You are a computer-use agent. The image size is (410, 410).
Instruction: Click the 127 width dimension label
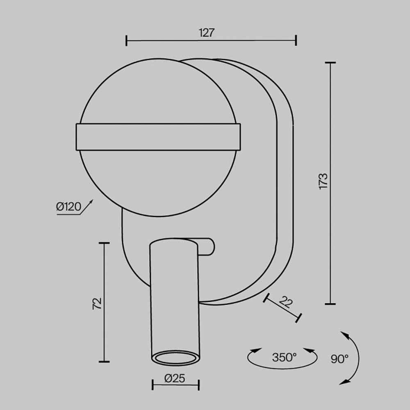[x=207, y=33]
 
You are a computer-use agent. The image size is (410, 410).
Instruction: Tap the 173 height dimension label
[x=323, y=181]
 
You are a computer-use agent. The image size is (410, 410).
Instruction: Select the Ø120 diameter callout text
[x=68, y=207]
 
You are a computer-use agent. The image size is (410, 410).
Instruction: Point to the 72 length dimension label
[x=97, y=303]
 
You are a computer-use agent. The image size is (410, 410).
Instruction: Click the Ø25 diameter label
[x=175, y=378]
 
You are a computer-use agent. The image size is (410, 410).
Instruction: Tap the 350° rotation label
[x=284, y=357]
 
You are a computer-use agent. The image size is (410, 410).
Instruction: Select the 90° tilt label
[x=339, y=359]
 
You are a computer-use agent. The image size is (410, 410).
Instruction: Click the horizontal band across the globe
[x=158, y=137]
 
